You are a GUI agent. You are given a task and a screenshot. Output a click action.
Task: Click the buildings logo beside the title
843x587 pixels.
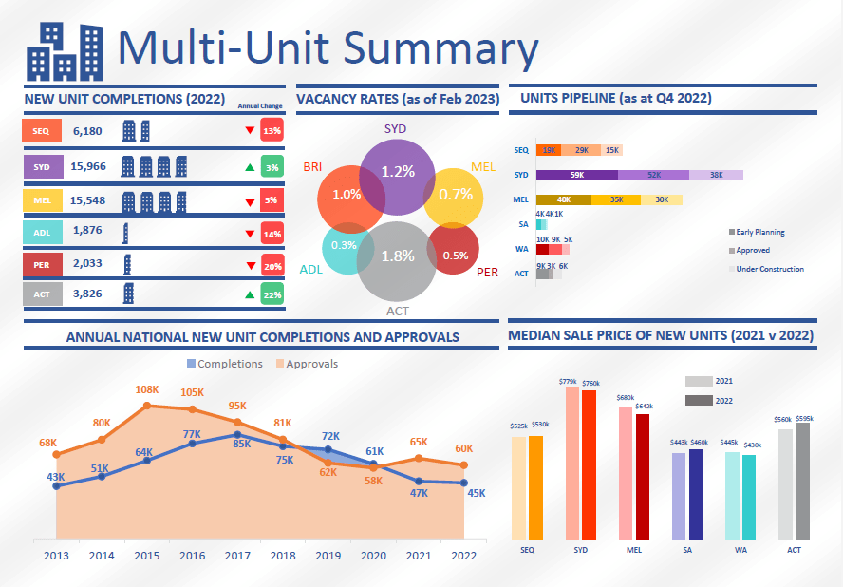point(65,51)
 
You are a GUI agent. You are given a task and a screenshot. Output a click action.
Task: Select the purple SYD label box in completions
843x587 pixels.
point(42,166)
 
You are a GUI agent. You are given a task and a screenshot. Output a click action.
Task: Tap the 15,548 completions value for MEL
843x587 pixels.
point(92,201)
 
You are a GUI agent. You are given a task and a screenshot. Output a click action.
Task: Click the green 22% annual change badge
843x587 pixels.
point(272,294)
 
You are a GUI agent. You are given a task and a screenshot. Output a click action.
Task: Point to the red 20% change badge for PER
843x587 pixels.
point(272,266)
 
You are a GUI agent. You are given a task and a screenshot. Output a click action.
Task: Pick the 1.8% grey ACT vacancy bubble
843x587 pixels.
point(397,256)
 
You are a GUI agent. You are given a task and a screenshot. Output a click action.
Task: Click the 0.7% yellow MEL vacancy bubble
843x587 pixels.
point(456,196)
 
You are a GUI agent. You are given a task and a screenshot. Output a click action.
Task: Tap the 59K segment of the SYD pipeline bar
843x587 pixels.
point(576,175)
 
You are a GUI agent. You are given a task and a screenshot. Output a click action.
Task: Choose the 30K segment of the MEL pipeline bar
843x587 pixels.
point(662,199)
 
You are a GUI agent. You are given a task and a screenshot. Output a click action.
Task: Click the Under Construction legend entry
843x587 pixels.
point(769,269)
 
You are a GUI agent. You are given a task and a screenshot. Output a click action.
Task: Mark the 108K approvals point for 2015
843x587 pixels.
point(147,406)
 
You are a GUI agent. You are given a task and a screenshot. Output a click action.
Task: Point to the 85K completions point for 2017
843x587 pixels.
point(237,435)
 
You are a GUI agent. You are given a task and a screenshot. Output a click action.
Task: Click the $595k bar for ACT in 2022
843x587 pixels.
point(803,481)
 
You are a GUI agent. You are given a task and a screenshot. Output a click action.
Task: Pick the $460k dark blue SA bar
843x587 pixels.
point(696,494)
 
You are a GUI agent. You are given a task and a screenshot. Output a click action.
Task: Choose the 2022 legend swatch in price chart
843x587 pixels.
point(699,401)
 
